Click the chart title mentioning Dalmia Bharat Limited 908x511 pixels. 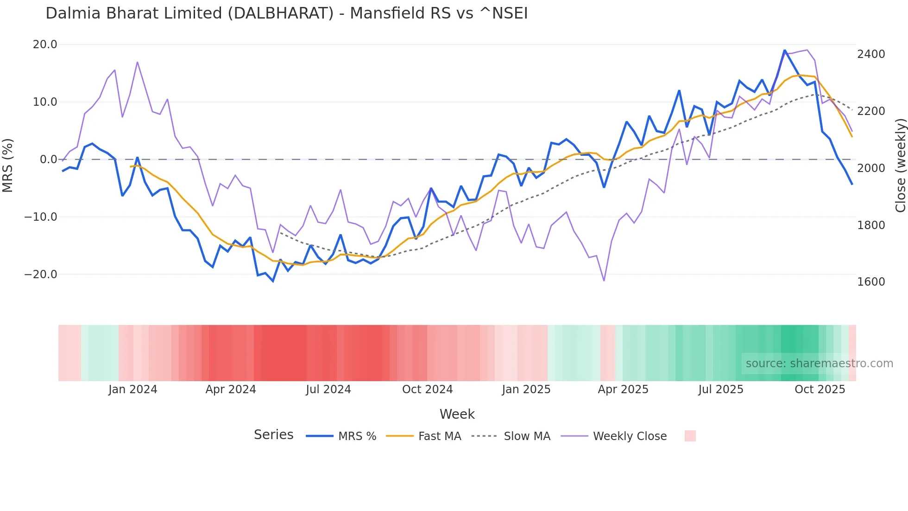[286, 13]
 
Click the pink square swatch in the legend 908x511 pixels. [690, 436]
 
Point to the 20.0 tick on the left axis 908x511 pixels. [45, 45]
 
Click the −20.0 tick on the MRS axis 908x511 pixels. [41, 275]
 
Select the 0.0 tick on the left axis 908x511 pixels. [48, 160]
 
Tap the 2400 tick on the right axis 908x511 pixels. [871, 54]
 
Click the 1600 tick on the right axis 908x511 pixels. [871, 282]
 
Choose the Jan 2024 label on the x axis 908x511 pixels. [133, 390]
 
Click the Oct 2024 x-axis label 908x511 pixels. [427, 390]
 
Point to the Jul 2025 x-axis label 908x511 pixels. [721, 390]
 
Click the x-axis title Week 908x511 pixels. [457, 414]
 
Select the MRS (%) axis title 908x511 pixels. [8, 165]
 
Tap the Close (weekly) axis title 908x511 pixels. [900, 166]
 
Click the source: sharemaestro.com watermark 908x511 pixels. [819, 364]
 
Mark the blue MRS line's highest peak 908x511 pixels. [785, 50]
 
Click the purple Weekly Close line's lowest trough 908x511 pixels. [604, 281]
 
